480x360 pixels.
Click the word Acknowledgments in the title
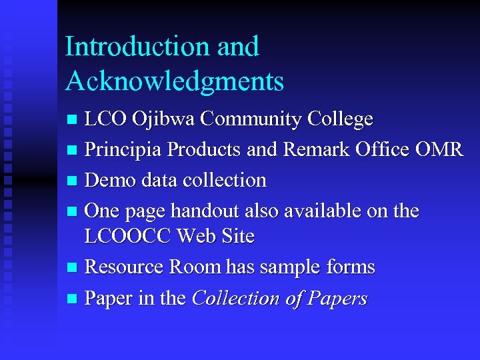[x=175, y=81]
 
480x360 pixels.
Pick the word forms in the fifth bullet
[x=350, y=267]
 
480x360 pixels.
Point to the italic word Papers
[x=338, y=298]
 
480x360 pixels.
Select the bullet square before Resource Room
[x=73, y=268]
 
